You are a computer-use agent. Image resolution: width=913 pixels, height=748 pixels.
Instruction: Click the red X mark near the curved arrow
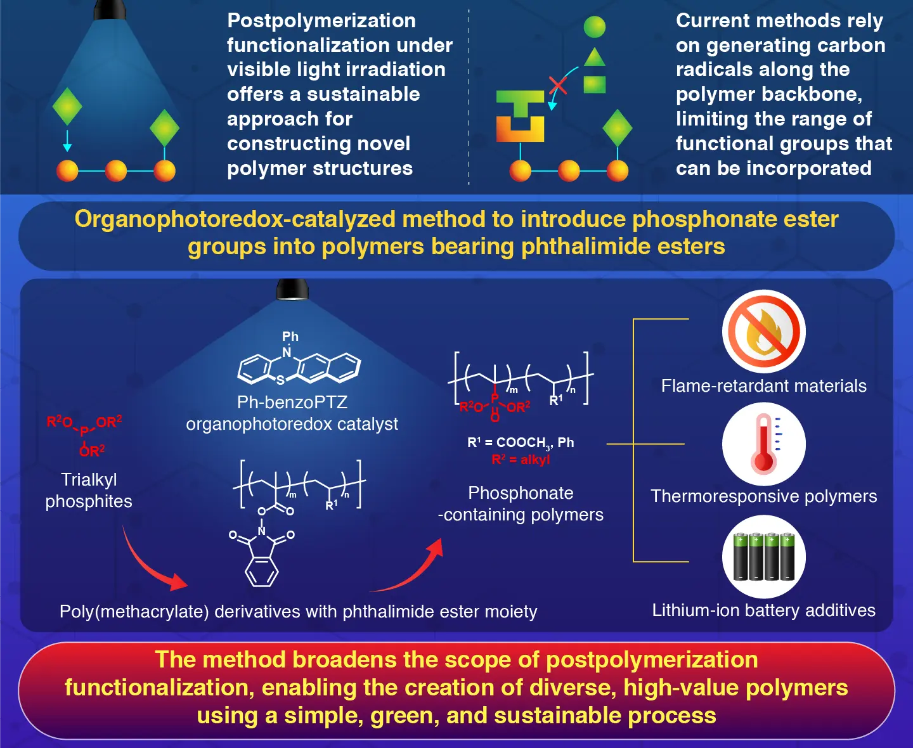point(558,84)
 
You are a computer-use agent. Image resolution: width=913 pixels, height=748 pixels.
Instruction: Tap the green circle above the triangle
point(594,27)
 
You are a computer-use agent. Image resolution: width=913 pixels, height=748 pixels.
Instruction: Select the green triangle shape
point(594,58)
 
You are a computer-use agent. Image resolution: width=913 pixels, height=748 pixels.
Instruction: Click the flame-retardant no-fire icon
point(763,332)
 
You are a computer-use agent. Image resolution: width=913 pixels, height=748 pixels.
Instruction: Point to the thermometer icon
point(763,444)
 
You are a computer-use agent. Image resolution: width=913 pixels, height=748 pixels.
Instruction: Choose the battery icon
point(763,557)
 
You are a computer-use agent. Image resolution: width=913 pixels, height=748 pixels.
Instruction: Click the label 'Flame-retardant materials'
point(763,386)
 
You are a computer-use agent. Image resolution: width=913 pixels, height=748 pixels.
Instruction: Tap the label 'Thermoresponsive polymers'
point(763,496)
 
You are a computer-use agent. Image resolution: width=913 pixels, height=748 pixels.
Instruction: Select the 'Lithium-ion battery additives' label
point(763,610)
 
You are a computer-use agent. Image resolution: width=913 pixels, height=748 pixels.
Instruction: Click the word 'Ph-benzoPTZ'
point(292,403)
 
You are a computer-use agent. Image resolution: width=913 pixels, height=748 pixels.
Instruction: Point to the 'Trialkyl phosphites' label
point(89,490)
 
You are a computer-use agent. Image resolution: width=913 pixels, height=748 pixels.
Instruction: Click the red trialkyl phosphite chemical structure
point(84,435)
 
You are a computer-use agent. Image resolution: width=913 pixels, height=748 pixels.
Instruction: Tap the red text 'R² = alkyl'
point(521,460)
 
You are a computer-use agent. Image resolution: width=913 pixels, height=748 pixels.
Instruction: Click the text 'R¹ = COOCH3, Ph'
point(521,442)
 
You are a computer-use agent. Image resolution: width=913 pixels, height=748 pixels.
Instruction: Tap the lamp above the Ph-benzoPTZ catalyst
point(292,290)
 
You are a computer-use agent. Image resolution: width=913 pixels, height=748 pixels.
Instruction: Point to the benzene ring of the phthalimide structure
point(262,574)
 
